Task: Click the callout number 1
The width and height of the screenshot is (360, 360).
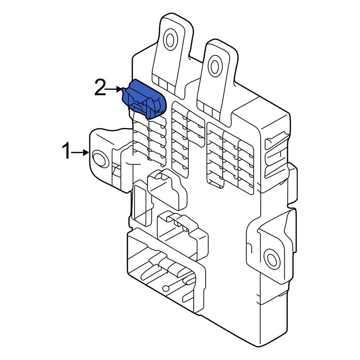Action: point(66,150)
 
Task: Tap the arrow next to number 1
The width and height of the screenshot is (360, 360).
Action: point(80,153)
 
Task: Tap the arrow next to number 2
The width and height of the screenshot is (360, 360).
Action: point(114,89)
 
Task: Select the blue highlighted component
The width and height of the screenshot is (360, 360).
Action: point(144,99)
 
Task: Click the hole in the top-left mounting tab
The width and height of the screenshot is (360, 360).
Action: point(170,40)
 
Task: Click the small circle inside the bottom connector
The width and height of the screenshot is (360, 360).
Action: point(165,288)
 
